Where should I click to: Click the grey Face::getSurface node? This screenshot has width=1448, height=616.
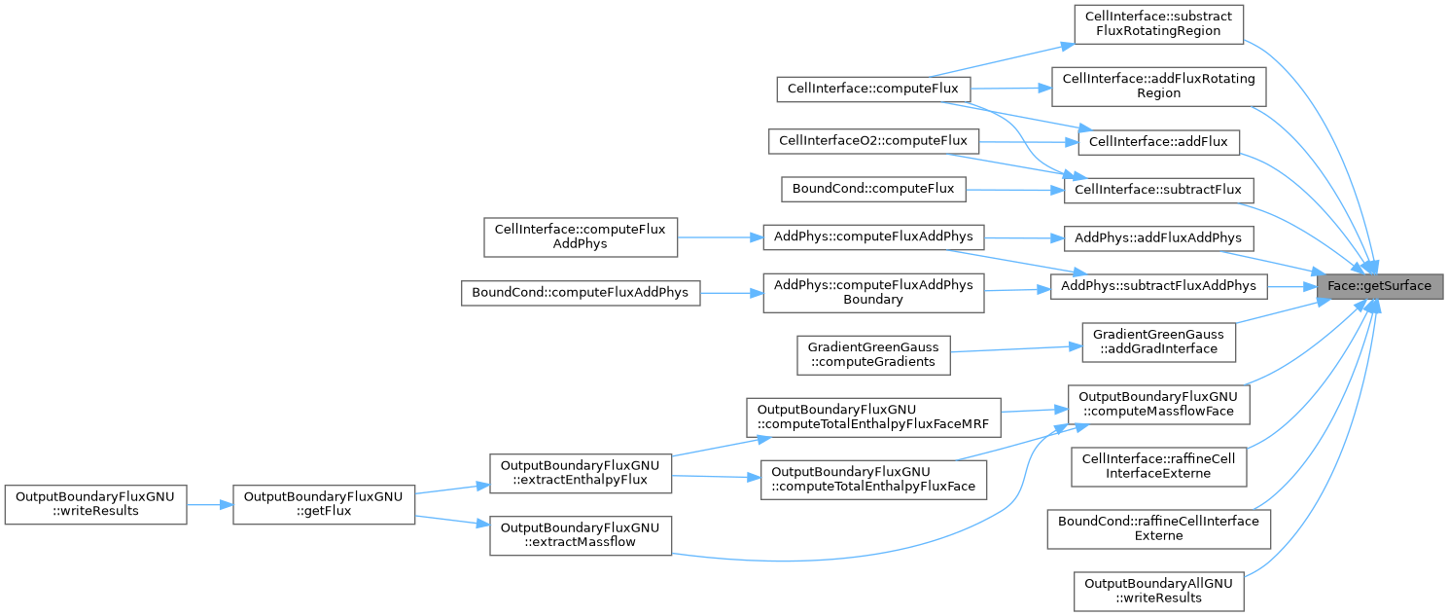point(1380,286)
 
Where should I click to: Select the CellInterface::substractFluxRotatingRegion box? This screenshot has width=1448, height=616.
point(1158,24)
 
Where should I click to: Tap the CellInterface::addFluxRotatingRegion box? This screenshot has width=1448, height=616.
point(1158,87)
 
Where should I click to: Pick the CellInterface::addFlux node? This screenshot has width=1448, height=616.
point(1158,142)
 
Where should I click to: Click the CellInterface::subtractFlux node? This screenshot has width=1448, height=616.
point(1158,190)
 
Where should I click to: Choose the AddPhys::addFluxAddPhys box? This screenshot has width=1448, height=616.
point(1158,238)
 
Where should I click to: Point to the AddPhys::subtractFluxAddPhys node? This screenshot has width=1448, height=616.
point(1158,287)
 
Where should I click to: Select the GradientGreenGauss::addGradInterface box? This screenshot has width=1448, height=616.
point(1158,343)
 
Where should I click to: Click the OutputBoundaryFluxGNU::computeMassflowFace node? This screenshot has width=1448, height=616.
point(1158,405)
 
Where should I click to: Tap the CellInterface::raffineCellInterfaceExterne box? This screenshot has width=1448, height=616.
point(1158,467)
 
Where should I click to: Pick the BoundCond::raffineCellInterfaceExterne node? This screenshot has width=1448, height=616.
point(1158,529)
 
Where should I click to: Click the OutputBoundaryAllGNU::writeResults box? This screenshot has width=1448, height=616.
point(1158,592)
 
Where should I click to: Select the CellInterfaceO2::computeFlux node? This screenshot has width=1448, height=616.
point(873,141)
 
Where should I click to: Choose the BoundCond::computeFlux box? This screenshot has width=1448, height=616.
point(873,190)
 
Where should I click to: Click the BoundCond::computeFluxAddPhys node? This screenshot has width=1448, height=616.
point(581,293)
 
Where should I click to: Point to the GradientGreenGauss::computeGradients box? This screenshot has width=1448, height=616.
point(873,355)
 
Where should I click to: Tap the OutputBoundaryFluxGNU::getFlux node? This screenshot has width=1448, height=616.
point(324,505)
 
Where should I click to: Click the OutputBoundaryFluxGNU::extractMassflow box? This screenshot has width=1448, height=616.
point(581,536)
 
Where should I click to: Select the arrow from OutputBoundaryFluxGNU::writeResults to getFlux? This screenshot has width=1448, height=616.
point(210,505)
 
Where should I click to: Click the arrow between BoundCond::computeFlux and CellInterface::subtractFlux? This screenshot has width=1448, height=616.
point(1015,190)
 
